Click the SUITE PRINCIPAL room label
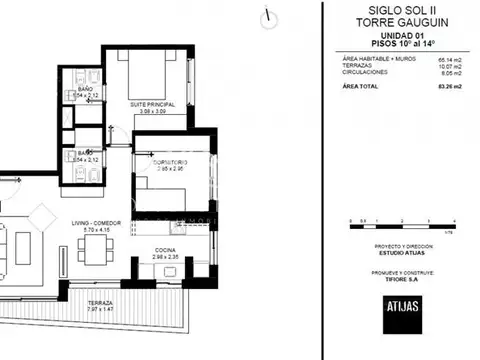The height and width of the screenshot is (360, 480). tap(153, 103)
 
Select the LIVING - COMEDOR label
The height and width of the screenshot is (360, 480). tap(97, 222)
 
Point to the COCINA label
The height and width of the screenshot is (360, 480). tap(165, 250)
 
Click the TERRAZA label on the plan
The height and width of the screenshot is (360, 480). tap(100, 302)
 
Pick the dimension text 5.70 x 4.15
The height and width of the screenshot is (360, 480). tap(97, 230)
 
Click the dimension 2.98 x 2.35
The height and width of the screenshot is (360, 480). tap(165, 258)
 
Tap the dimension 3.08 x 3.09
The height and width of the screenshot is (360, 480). tap(153, 111)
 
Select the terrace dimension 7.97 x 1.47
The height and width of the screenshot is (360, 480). tap(100, 310)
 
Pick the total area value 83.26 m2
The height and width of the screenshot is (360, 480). tap(446, 86)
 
